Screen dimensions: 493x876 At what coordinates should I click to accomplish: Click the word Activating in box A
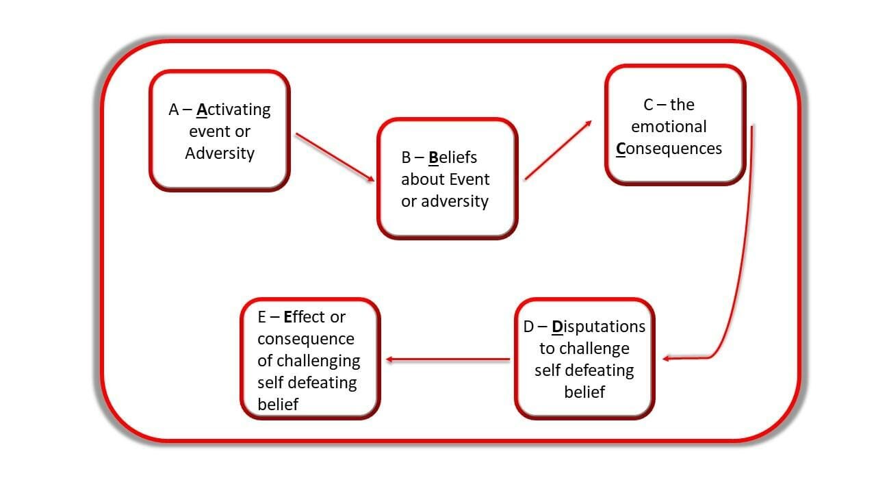pyautogui.click(x=233, y=110)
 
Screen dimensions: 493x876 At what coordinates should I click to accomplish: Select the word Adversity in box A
pyautogui.click(x=220, y=153)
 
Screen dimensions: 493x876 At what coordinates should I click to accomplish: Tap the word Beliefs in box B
pyautogui.click(x=452, y=157)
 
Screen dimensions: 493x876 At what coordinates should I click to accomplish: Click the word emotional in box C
pyautogui.click(x=669, y=127)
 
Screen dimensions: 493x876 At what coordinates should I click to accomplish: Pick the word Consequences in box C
pyautogui.click(x=669, y=149)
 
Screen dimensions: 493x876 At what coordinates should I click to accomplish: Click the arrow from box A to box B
pyautogui.click(x=335, y=157)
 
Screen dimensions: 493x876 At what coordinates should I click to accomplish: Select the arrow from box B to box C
pyautogui.click(x=558, y=151)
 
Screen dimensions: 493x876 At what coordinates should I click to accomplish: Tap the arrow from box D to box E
pyautogui.click(x=448, y=359)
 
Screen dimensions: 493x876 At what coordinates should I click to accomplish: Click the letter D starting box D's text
pyautogui.click(x=528, y=327)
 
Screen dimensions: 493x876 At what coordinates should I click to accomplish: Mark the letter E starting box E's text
pyautogui.click(x=262, y=317)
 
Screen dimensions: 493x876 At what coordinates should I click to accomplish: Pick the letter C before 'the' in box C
pyautogui.click(x=649, y=105)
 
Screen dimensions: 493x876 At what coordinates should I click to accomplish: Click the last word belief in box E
pyautogui.click(x=278, y=405)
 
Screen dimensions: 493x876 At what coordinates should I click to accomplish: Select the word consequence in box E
pyautogui.click(x=305, y=339)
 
